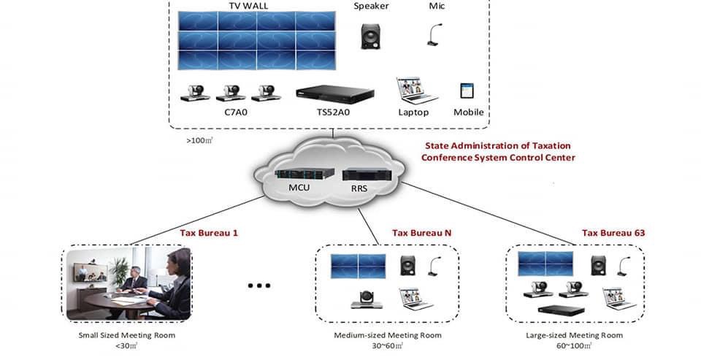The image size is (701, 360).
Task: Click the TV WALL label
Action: click(x=248, y=6)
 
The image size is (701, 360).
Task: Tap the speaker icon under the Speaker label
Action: click(x=370, y=37)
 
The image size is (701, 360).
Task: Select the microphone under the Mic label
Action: click(x=434, y=35)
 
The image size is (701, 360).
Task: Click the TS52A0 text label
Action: click(x=333, y=112)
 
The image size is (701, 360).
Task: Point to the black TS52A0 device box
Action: click(x=335, y=94)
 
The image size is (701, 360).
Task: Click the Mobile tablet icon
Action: click(x=467, y=91)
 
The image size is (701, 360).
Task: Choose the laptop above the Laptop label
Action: click(x=415, y=91)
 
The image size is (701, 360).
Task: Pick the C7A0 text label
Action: click(x=236, y=112)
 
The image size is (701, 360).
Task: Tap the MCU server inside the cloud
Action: click(x=304, y=174)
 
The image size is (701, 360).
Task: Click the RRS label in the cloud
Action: click(x=359, y=188)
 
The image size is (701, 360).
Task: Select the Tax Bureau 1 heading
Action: click(x=209, y=233)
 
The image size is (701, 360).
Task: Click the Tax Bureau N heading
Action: click(x=421, y=233)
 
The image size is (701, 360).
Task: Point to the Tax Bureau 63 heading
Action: click(x=613, y=233)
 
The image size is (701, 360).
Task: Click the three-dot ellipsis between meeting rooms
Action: click(x=259, y=286)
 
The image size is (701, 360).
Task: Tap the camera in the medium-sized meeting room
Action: click(x=367, y=299)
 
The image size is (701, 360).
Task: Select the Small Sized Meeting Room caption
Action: click(x=127, y=335)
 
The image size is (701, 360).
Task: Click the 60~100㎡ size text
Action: click(x=574, y=345)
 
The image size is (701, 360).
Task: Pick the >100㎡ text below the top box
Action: click(x=199, y=140)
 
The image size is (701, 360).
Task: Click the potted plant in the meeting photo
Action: click(x=119, y=272)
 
